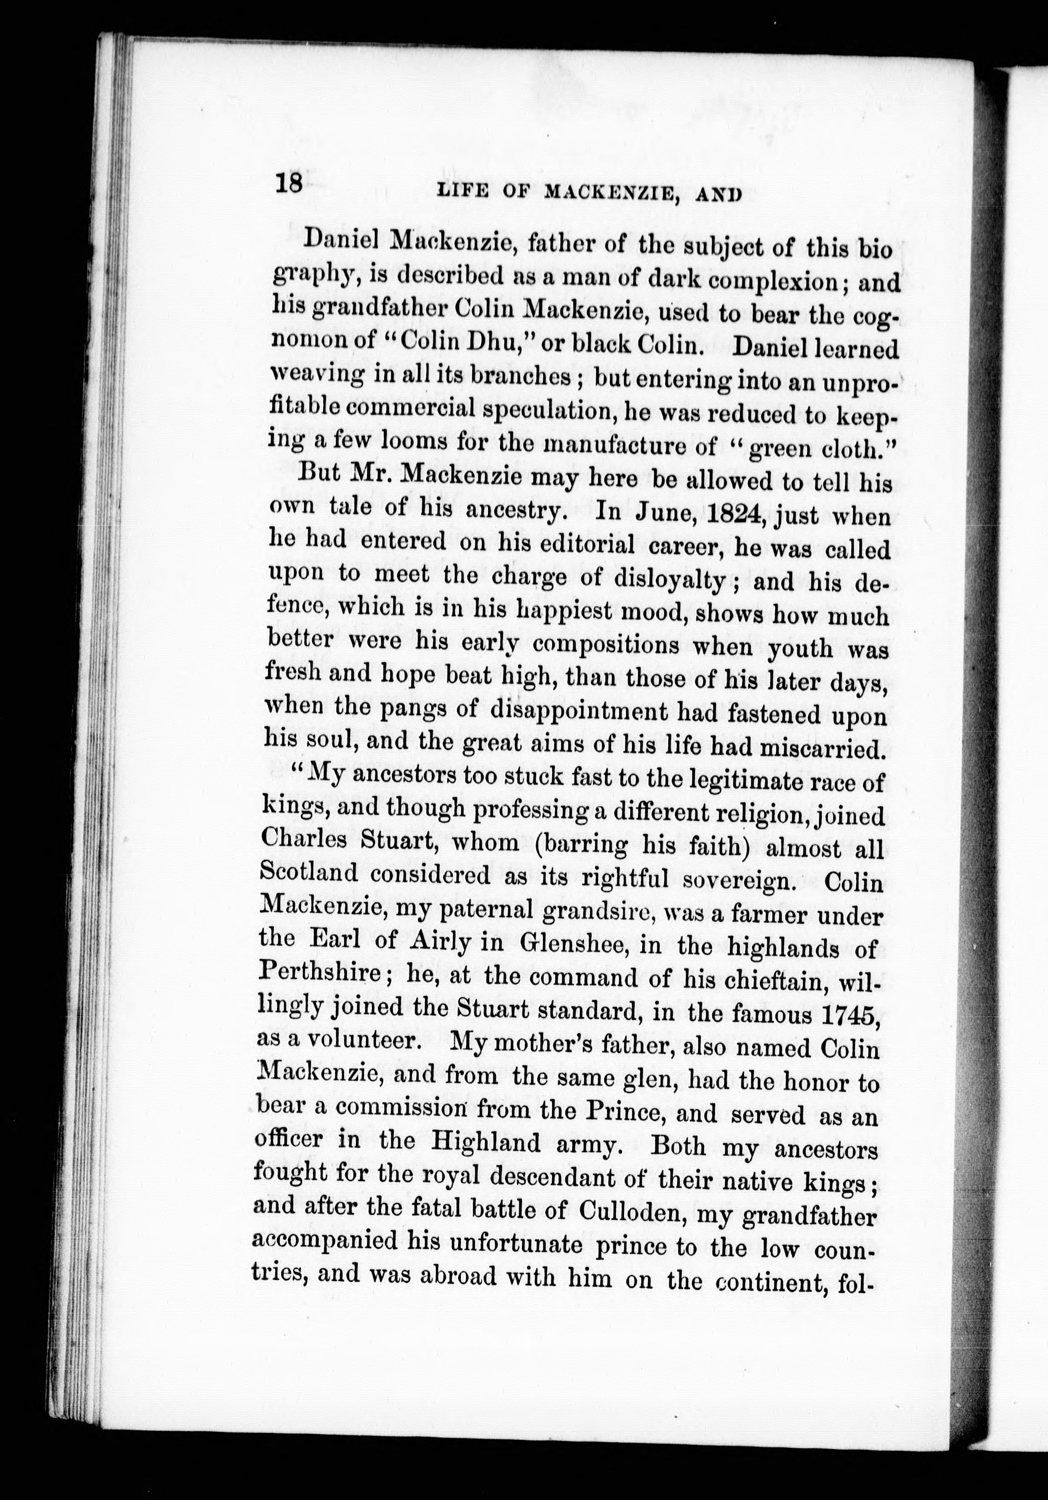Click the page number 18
pos(288,183)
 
